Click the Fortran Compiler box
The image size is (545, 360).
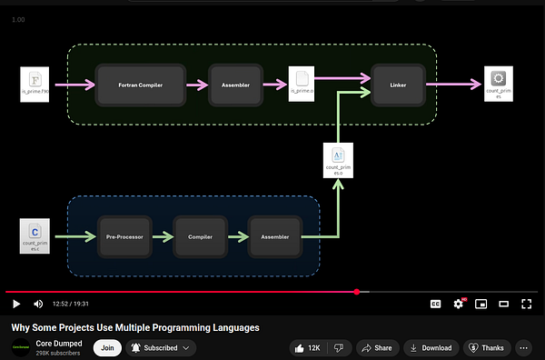pyautogui.click(x=141, y=85)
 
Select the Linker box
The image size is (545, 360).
pyautogui.click(x=398, y=85)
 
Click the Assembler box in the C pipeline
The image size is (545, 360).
pyautogui.click(x=274, y=237)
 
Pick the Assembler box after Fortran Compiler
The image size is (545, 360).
pyautogui.click(x=235, y=85)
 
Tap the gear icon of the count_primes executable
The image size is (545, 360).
pyautogui.click(x=498, y=80)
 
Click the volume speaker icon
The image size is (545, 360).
pyautogui.click(x=38, y=304)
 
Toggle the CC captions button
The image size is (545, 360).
pyautogui.click(x=435, y=304)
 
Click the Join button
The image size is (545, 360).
pyautogui.click(x=107, y=347)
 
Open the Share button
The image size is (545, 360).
pyautogui.click(x=375, y=347)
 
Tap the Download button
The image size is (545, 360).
pyautogui.click(x=430, y=347)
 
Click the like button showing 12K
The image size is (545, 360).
pyautogui.click(x=306, y=347)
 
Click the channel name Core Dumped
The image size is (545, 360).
pyautogui.click(x=59, y=343)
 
